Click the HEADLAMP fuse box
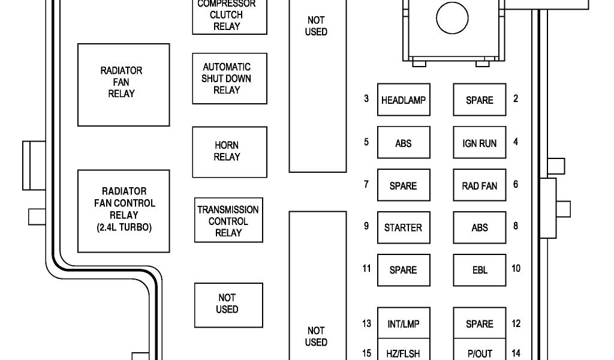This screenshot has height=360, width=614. coord(404,100)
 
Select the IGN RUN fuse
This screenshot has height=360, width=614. coord(479,143)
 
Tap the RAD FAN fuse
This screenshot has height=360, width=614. coord(479,185)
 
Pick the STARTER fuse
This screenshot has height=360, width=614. coord(404,227)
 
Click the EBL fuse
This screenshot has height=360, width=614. coord(479,270)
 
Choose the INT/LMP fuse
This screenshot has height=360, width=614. coord(404,324)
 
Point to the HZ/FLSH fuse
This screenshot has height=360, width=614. coord(404,352)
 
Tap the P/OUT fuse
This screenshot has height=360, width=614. coord(479,352)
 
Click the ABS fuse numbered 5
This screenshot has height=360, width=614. coord(404,143)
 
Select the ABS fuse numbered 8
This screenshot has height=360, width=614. coord(479,227)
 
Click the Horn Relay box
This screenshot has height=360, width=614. coord(229,151)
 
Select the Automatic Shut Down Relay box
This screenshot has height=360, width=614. coord(229,79)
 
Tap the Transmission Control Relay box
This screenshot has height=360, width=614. coord(228,220)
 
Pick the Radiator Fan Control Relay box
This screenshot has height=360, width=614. coord(124,211)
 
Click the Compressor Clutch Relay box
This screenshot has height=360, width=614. coord(229,16)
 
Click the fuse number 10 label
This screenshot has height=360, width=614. coord(516,268)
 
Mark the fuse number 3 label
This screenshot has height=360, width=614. coord(366,98)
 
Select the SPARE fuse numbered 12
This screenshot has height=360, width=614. coord(479,324)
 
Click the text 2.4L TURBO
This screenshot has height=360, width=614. coord(124,227)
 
